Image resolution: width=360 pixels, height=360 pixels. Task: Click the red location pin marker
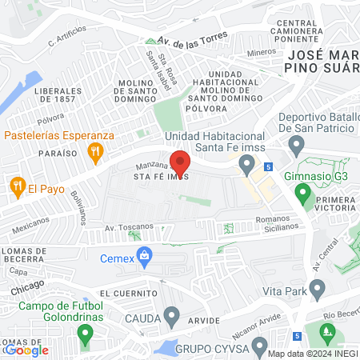pos(179,164)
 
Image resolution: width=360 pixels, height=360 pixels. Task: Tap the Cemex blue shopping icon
pos(145,258)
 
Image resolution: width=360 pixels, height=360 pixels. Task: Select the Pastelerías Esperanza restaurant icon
pos(96,150)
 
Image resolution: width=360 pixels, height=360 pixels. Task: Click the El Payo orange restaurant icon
pos(16,189)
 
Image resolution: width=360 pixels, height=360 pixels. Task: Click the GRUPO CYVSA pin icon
pos(259,346)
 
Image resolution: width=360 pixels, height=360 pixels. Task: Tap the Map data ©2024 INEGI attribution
pos(312,354)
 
